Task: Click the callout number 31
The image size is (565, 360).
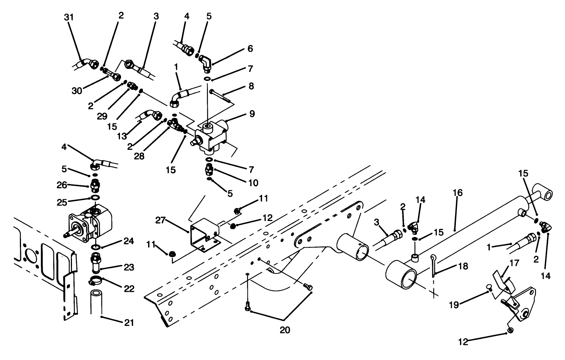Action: pyautogui.click(x=69, y=17)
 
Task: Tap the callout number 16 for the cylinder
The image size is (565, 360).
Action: pyautogui.click(x=458, y=193)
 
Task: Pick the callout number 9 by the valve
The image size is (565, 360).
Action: pyautogui.click(x=252, y=114)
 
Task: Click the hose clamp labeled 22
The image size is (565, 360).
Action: pyautogui.click(x=96, y=279)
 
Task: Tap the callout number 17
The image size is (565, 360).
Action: pyautogui.click(x=514, y=263)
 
